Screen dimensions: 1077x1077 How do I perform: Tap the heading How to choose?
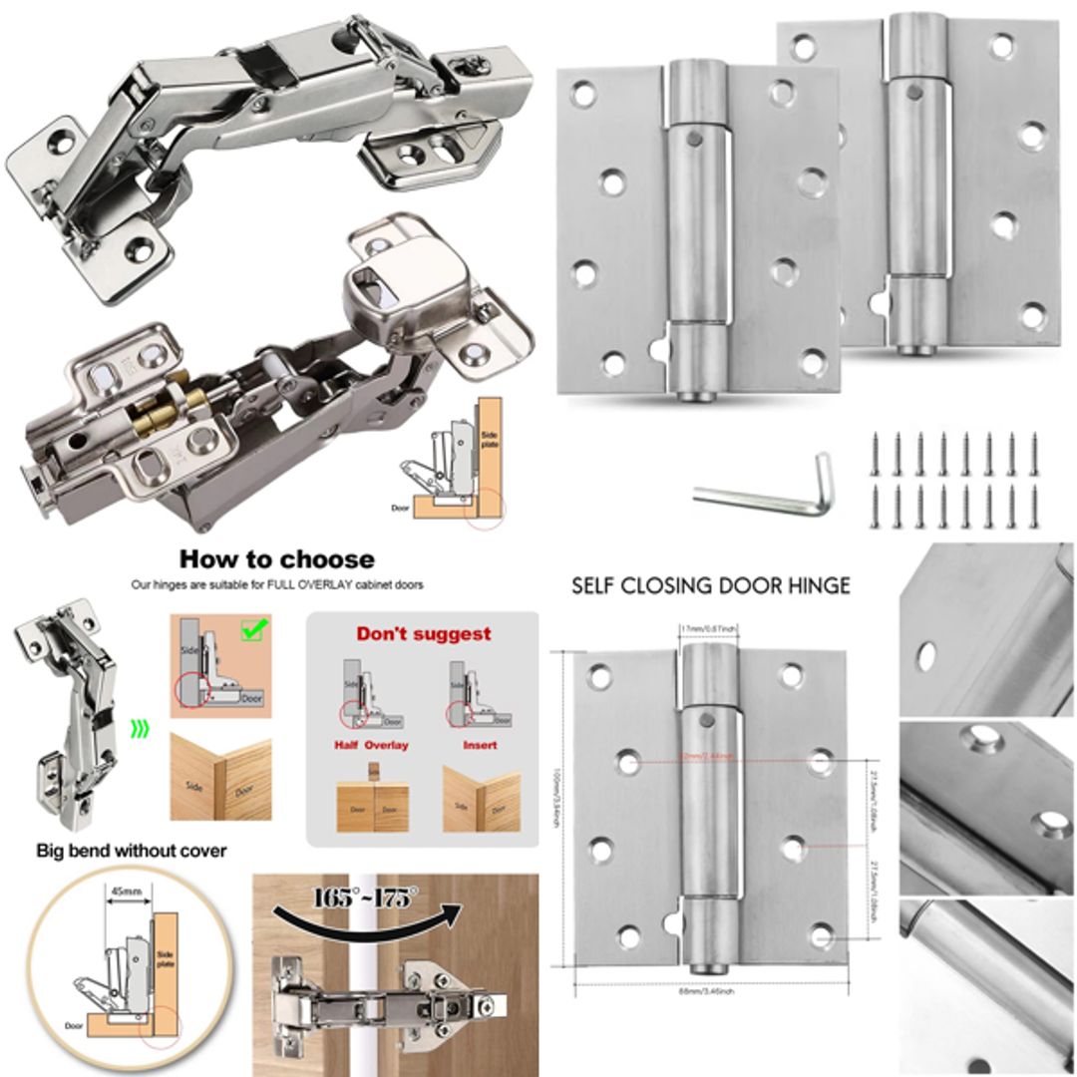(x=276, y=558)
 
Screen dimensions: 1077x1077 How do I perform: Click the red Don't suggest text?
(x=423, y=633)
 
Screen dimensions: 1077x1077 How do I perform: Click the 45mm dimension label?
(x=125, y=890)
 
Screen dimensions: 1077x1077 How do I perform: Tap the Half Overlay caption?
(x=371, y=745)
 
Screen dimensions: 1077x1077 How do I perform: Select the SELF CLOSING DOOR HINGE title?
(x=710, y=585)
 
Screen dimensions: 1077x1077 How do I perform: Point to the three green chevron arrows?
(x=141, y=729)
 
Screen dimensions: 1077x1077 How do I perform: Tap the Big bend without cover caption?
(x=132, y=851)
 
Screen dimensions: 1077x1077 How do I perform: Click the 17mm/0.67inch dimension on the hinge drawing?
(x=708, y=627)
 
